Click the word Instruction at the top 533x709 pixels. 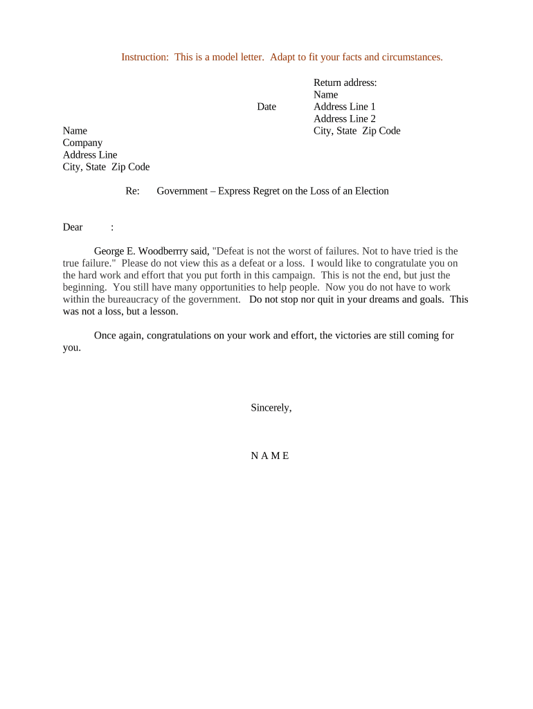(145, 57)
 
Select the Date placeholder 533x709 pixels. (266, 107)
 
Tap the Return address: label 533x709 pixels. (345, 82)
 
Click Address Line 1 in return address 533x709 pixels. (345, 107)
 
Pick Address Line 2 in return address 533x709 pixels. (345, 119)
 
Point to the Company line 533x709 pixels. (82, 143)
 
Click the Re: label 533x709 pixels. (133, 191)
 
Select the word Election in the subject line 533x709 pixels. (372, 191)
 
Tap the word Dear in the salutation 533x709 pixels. (73, 227)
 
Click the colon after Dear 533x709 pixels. (112, 227)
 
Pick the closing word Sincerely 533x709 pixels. (271, 408)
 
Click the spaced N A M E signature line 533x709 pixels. (270, 456)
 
